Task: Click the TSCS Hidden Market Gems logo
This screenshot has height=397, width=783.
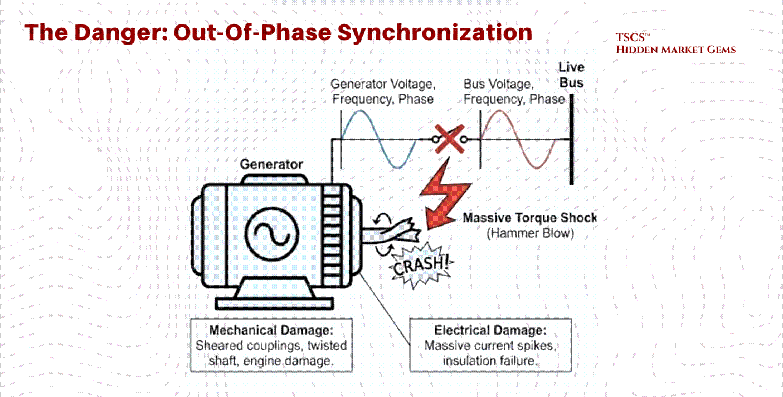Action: (675, 44)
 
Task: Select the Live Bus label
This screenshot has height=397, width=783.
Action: (571, 75)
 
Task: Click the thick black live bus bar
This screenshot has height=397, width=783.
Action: (571, 139)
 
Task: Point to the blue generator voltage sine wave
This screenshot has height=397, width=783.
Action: (378, 139)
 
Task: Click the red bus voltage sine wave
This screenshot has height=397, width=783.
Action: (518, 139)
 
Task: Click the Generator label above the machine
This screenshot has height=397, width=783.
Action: (271, 164)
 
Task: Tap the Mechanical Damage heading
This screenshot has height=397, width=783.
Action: (272, 330)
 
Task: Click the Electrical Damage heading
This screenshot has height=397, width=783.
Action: (490, 330)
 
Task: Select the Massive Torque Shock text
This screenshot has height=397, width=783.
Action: (529, 218)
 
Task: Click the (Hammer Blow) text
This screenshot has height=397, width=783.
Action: (529, 233)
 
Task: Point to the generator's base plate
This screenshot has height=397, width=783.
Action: (274, 303)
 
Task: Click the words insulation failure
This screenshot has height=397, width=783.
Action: (490, 361)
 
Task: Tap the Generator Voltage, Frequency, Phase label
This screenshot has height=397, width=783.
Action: (382, 91)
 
